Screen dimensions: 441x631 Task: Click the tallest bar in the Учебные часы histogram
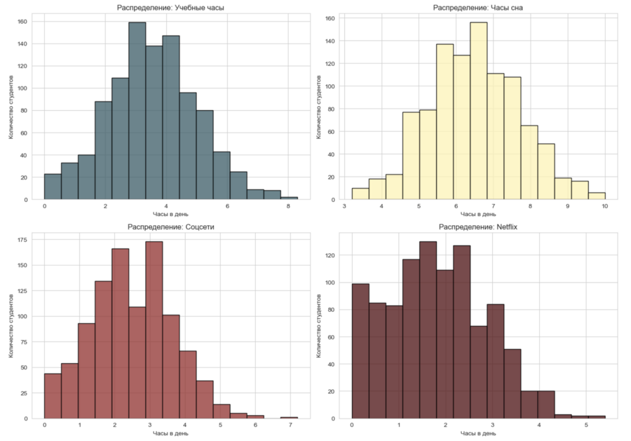tap(137, 112)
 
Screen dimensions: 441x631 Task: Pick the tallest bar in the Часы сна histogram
tap(478, 112)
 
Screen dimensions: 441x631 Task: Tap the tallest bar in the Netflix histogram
tap(428, 330)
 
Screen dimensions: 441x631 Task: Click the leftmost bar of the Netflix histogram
tap(360, 351)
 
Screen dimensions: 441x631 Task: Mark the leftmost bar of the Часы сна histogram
tap(360, 194)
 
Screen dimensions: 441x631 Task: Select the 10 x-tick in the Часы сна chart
tap(604, 208)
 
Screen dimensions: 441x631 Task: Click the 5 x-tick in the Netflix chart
tap(585, 426)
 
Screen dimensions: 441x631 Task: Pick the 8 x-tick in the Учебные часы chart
tap(288, 208)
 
